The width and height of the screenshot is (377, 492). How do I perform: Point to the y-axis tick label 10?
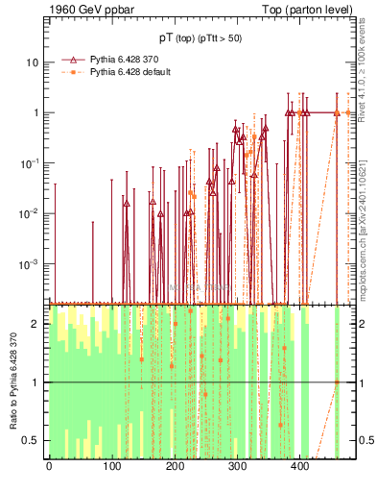coord(33,62)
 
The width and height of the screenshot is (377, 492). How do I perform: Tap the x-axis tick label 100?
coord(111,467)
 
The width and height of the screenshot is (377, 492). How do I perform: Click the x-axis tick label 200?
coord(175,467)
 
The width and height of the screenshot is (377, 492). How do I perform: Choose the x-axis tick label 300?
coord(237,467)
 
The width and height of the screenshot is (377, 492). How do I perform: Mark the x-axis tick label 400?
coord(299,467)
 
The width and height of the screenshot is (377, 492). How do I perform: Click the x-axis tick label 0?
coord(49,467)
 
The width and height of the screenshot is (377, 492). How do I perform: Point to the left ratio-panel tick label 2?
coord(36,324)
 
